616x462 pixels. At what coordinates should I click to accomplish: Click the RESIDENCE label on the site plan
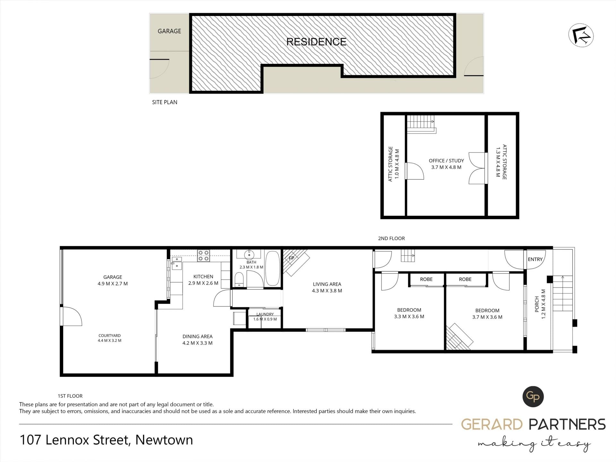[x=316, y=42]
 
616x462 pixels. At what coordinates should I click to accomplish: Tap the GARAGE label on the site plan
[x=169, y=31]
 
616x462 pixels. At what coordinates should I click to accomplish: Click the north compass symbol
[x=581, y=36]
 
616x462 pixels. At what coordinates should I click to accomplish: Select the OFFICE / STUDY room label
[x=446, y=161]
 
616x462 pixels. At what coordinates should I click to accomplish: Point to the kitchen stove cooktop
[x=203, y=256]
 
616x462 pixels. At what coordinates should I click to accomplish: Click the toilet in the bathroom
[x=239, y=279]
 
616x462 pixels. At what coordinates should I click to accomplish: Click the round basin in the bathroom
[x=249, y=255]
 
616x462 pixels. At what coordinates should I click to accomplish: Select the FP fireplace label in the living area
[x=291, y=258]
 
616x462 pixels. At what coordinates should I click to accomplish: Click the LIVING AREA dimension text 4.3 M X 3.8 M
[x=327, y=291]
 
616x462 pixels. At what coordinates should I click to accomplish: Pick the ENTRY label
[x=535, y=259]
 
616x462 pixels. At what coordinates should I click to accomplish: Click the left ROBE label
[x=426, y=279]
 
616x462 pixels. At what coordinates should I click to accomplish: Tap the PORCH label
[x=537, y=304]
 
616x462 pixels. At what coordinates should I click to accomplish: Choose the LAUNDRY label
[x=265, y=314]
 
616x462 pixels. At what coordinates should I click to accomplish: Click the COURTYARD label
[x=110, y=336]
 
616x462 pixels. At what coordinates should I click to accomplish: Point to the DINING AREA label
[x=198, y=337]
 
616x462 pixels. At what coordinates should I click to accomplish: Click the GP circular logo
[x=533, y=397]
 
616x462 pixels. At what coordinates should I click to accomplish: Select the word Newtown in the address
[x=164, y=440]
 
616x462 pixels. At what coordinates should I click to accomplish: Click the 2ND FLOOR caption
[x=391, y=238]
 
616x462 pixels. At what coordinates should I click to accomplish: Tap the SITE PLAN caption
[x=165, y=102]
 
